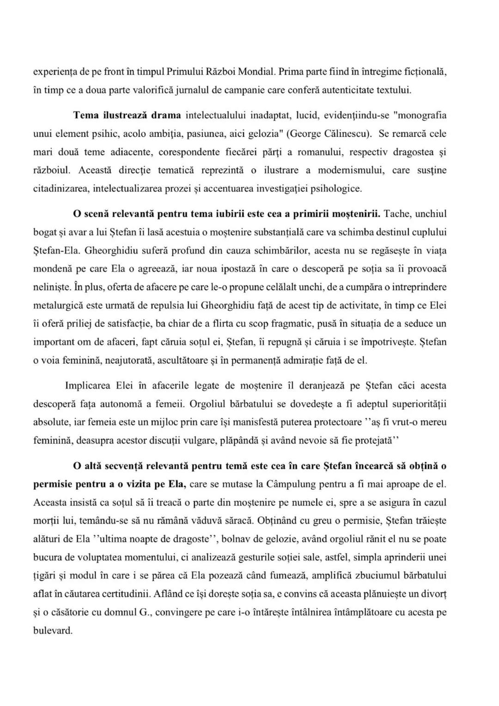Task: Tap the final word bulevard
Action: (53, 630)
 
